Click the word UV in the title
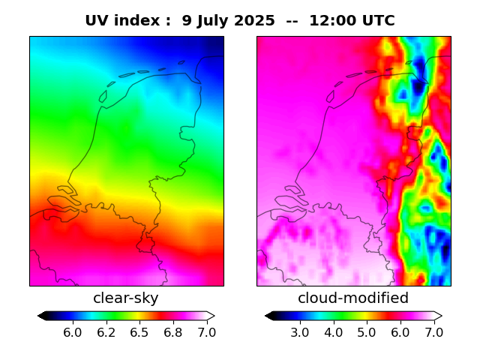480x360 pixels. point(96,21)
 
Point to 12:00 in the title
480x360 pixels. point(333,21)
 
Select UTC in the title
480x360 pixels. point(378,21)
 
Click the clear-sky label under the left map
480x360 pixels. point(126,298)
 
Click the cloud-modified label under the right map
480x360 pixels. point(353,298)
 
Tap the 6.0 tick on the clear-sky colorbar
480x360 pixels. point(72,331)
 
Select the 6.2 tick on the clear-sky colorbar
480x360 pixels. point(106,331)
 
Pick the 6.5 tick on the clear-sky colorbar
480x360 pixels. point(139,331)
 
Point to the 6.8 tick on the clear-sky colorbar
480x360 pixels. point(173,331)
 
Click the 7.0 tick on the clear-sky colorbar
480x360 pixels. point(206,331)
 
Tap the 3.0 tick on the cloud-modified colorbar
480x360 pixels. point(300,331)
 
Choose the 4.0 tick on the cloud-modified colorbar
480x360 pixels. point(333,331)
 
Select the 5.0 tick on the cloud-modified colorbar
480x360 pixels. point(367,331)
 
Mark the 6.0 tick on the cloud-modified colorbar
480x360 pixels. point(400,331)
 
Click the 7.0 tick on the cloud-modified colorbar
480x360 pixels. point(433,331)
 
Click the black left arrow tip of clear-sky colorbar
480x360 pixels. point(40,316)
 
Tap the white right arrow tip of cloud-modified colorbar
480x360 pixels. point(439,316)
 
